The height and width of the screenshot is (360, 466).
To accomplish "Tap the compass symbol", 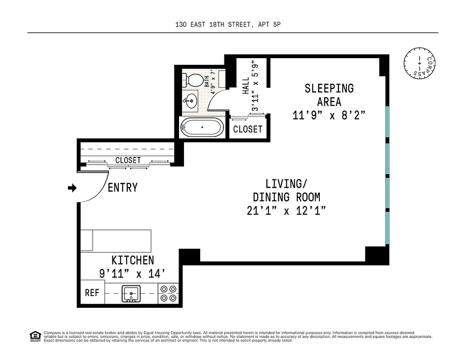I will click(419, 62).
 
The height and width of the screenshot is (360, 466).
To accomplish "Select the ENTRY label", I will click(122, 188).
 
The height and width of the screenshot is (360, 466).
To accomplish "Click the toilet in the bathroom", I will click(192, 81).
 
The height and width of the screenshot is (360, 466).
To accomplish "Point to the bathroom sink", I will click(191, 99).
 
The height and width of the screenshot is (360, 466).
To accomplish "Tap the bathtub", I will click(202, 127).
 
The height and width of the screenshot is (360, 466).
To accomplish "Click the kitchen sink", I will click(131, 293).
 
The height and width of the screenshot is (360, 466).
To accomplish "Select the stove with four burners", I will click(169, 293).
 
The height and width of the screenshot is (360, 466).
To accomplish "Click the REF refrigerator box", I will click(92, 293).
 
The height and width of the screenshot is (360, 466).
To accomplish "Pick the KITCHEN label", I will click(133, 260).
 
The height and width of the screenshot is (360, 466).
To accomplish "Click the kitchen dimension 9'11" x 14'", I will click(132, 273).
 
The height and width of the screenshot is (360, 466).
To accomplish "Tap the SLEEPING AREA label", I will click(329, 94).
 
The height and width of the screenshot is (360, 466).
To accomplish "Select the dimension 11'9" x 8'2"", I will click(328, 115).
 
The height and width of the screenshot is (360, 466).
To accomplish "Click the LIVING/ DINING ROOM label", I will click(286, 190).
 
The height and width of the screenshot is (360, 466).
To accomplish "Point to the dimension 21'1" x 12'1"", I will click(286, 211).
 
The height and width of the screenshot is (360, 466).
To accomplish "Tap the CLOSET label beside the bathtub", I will click(248, 130).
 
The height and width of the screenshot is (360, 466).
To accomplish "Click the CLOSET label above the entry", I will click(128, 160).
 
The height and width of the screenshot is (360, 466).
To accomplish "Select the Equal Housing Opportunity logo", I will click(35, 336).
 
